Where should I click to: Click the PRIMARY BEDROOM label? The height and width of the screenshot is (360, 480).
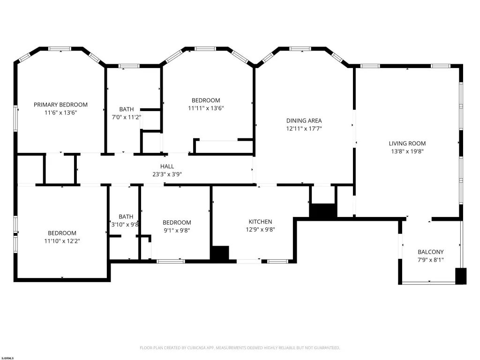(60, 105)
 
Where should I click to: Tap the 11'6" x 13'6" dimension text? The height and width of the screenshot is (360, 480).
(60, 112)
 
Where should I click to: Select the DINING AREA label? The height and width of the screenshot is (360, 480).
(304, 120)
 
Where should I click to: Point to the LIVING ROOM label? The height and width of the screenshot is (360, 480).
(407, 143)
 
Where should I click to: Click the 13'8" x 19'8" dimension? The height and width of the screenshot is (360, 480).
(407, 151)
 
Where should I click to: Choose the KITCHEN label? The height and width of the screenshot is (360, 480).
(260, 222)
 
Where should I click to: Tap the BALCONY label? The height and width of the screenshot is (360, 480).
(431, 252)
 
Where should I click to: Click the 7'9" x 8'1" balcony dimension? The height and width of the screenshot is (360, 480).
(431, 260)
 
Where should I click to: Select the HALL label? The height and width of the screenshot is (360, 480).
(167, 166)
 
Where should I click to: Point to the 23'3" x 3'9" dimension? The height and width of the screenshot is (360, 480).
(167, 174)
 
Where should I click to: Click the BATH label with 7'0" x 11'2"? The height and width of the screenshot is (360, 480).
(127, 109)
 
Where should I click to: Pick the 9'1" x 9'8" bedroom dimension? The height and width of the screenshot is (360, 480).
(177, 231)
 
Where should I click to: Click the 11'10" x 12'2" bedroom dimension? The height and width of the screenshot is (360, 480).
(62, 241)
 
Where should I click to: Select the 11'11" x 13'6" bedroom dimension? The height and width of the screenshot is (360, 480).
(206, 108)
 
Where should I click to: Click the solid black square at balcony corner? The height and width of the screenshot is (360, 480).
(461, 276)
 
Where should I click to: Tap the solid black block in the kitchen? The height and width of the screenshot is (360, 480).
(220, 254)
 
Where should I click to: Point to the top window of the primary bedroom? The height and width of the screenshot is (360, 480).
(60, 49)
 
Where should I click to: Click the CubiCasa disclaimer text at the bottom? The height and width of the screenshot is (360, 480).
(240, 348)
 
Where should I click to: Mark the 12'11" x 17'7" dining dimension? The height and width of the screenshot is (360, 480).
(304, 128)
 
